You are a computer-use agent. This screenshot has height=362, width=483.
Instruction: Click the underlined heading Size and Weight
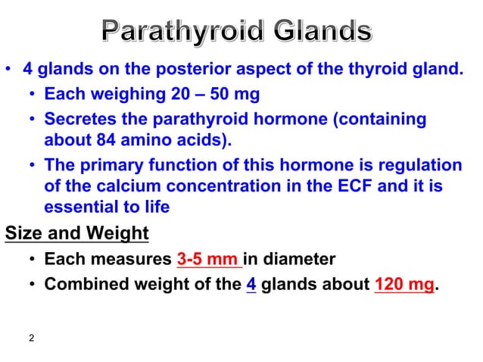[76, 232]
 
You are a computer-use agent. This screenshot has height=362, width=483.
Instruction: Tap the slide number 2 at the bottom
[31, 338]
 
